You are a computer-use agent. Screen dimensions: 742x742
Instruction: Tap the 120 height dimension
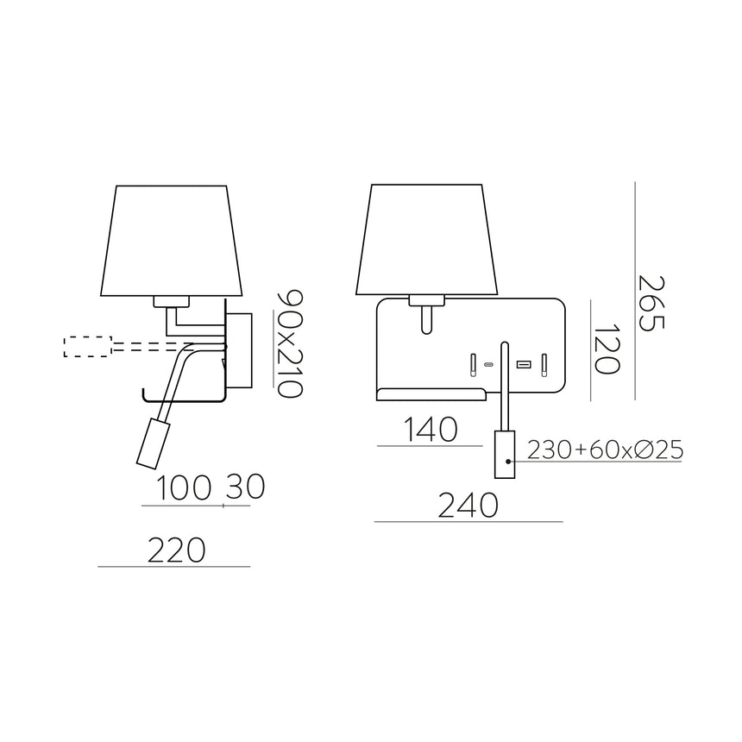pos(607,349)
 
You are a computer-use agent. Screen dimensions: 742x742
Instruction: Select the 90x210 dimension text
pos(288,343)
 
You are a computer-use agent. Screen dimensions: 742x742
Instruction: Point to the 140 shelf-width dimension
pos(430,429)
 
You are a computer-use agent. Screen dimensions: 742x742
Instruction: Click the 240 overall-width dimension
pos(468,505)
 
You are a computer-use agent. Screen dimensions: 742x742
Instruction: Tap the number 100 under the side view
pos(185,488)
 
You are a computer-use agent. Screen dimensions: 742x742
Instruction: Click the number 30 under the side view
pos(244,488)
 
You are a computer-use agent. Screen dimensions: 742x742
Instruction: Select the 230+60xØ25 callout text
pos(605,450)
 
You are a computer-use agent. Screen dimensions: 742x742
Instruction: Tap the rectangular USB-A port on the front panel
pos(522,365)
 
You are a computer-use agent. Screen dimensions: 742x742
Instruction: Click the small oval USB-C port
pos(489,366)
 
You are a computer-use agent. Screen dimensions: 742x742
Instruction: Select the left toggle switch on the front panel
pos(473,365)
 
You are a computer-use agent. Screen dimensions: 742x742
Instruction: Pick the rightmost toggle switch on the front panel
pos(544,365)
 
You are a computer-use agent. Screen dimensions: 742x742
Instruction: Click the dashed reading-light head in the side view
pos(88,347)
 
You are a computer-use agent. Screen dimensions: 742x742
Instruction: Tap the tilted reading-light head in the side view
pos(153,443)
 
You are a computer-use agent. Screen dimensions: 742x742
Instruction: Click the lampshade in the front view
pos(428,239)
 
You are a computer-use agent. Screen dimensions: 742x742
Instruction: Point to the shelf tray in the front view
pos(431,395)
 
